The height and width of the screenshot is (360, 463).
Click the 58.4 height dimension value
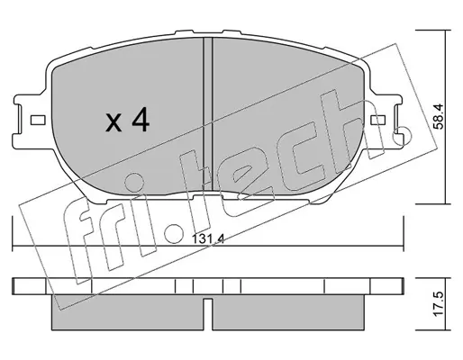(x=439, y=116)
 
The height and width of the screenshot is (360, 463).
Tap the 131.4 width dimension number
(x=208, y=239)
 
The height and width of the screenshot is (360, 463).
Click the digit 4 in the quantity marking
(x=141, y=121)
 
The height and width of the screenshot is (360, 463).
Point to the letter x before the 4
(x=113, y=123)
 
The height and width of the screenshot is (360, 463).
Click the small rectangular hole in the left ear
(x=38, y=121)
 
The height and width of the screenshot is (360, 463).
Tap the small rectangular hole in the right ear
(x=377, y=121)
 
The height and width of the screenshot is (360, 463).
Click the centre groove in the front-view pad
(x=208, y=114)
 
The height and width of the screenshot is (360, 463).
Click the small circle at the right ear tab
(x=403, y=136)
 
